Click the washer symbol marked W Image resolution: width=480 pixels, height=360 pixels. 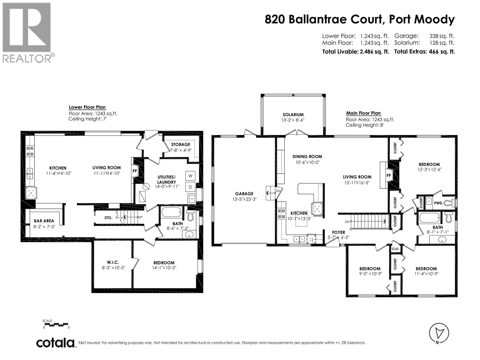[x=190, y=176]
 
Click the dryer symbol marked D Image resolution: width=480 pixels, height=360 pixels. [x=190, y=187]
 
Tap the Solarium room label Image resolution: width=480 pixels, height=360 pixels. [x=293, y=115]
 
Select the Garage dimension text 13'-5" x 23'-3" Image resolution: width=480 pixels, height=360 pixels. [x=244, y=199]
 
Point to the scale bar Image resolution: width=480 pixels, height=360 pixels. [x=56, y=324]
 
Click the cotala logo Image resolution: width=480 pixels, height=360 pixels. [x=55, y=343]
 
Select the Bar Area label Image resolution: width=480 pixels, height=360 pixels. [x=44, y=221]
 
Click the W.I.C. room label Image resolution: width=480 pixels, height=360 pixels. [x=113, y=262]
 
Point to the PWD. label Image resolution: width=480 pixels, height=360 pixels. [x=438, y=203]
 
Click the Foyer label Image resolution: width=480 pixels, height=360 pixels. [x=338, y=232]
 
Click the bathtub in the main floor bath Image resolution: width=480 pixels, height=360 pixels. [x=430, y=218]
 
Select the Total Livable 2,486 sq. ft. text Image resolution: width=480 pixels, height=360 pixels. [x=355, y=52]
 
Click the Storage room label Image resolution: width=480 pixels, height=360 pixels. [x=180, y=145]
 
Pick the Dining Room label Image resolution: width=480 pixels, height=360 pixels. [x=307, y=156]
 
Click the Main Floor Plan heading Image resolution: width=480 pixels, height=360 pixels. [x=363, y=113]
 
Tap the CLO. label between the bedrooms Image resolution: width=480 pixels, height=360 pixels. [x=395, y=249]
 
